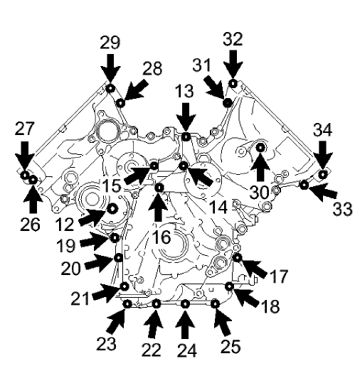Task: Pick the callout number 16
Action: [x=161, y=237]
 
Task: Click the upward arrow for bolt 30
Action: [x=261, y=169]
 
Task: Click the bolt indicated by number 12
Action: [x=112, y=208]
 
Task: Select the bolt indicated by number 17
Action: [x=238, y=257]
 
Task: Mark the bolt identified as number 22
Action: [x=156, y=304]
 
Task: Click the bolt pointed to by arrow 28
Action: [x=120, y=104]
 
